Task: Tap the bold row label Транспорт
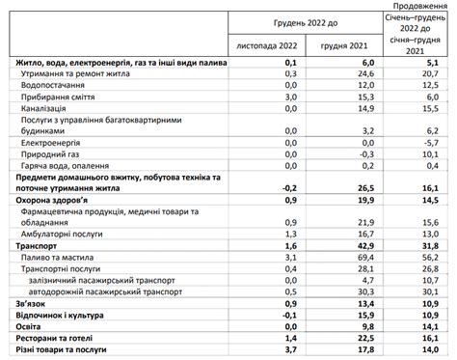click(x=38, y=246)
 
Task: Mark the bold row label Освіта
click(x=31, y=327)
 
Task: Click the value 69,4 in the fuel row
click(x=363, y=259)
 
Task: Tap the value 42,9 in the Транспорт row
click(x=363, y=246)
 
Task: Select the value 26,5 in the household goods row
click(x=363, y=185)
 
